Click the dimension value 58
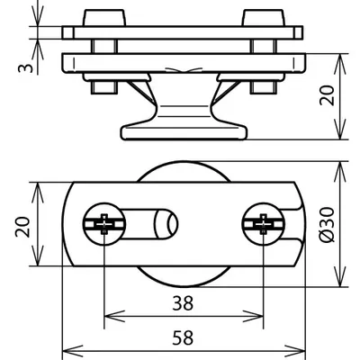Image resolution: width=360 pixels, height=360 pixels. (183, 337)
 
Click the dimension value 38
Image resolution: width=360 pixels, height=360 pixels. (183, 303)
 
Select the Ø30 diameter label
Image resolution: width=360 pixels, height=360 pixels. (327, 224)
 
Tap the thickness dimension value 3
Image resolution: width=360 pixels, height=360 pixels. (25, 68)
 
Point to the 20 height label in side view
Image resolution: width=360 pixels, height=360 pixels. (327, 95)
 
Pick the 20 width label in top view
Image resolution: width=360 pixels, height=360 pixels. (22, 227)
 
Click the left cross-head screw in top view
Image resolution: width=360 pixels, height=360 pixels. (104, 224)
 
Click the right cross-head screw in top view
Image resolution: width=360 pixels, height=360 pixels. (264, 224)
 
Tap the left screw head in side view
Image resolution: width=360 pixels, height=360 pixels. (103, 18)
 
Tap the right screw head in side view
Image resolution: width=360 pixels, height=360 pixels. (264, 18)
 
